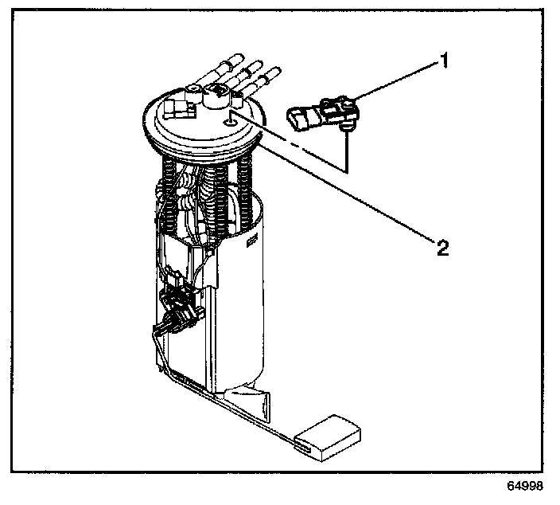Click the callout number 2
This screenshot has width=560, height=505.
[443, 246]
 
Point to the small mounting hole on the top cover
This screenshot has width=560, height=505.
[230, 121]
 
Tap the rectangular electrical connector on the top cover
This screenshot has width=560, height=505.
[176, 105]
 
